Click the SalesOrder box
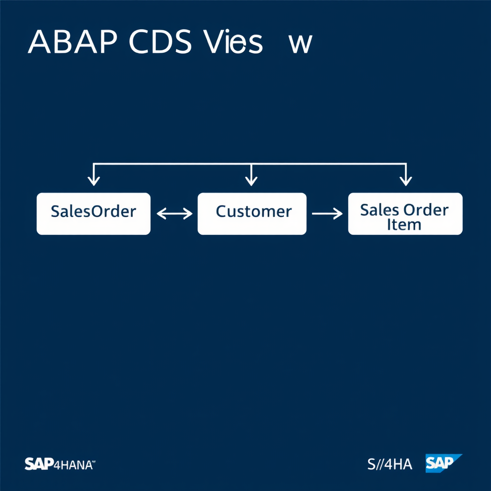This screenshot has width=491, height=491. tap(94, 214)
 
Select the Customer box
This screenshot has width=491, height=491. tap(252, 214)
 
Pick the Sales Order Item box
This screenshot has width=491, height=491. tap(405, 214)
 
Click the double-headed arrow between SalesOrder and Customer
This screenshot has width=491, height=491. tap(174, 214)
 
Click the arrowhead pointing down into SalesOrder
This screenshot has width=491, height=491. tap(94, 181)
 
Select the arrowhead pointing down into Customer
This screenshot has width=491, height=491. tap(251, 181)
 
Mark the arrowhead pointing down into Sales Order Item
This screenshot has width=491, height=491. tap(406, 181)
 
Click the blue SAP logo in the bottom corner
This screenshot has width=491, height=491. tap(442, 463)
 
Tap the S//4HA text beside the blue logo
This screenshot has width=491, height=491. tap(389, 464)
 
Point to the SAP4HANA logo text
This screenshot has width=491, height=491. tap(60, 464)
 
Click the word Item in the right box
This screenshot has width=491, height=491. tap(404, 224)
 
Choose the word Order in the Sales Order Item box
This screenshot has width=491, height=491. tap(426, 210)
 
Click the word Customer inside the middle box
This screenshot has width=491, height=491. tap(253, 211)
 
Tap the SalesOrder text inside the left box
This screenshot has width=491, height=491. tap(94, 211)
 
